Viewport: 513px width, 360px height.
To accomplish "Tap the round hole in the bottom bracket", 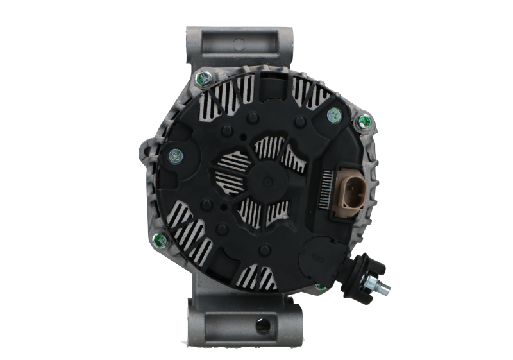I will pyautogui.click(x=261, y=326).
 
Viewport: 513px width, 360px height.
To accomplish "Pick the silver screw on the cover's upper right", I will pyautogui.click(x=333, y=116).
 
